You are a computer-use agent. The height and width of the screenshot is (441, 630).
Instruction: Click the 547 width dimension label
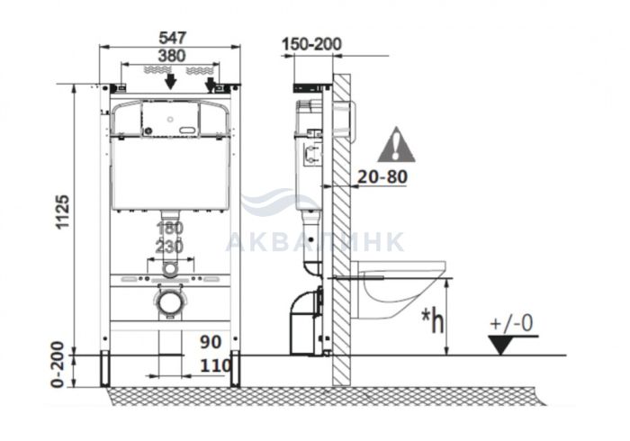[x=173, y=38]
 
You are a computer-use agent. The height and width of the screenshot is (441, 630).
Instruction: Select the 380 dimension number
[x=172, y=56]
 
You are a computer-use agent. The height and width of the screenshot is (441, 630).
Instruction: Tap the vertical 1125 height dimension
[x=63, y=212]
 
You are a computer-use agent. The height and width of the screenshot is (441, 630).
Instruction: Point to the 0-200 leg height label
[x=58, y=364]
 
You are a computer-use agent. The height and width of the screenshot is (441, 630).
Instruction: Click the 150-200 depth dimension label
[x=311, y=44]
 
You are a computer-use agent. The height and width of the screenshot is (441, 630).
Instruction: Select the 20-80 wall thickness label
[x=382, y=176]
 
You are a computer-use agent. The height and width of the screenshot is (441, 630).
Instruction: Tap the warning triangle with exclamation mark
[x=396, y=145]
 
